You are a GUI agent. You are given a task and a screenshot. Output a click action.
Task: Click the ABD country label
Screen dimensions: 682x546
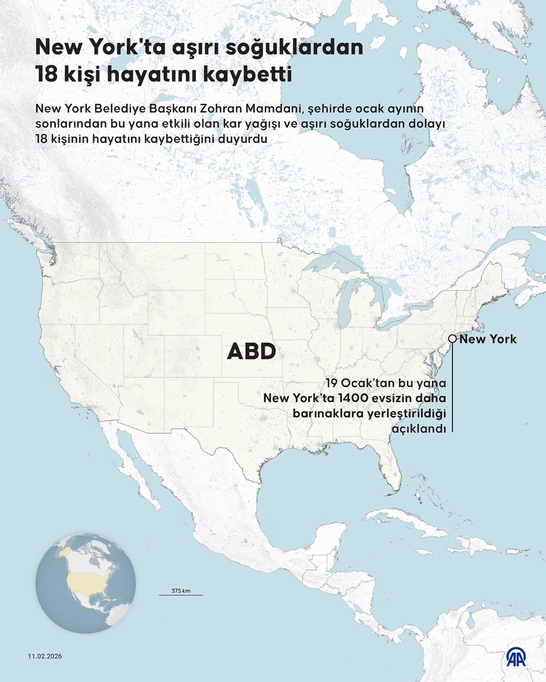(x=252, y=352)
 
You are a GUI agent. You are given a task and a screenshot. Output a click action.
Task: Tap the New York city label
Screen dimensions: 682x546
(x=487, y=339)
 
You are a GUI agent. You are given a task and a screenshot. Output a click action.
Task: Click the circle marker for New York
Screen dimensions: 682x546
(x=452, y=339)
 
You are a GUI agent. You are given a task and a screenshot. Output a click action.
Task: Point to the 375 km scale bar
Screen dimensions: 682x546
(x=181, y=594)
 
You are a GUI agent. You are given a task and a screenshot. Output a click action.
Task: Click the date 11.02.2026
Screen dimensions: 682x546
(x=45, y=656)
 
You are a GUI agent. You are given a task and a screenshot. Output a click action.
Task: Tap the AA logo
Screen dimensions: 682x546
(x=516, y=657)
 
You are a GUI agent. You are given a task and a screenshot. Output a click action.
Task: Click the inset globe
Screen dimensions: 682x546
(x=86, y=583)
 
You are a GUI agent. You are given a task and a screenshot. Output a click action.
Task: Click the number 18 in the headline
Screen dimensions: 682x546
(x=46, y=75)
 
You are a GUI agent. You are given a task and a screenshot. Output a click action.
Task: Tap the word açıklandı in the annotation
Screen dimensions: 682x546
(x=419, y=429)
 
